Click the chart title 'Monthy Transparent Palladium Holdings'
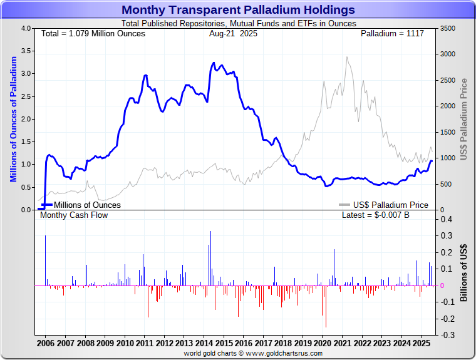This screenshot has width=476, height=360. [238, 10]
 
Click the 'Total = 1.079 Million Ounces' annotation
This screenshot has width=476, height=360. [93, 33]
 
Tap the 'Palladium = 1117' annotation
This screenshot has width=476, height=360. [393, 33]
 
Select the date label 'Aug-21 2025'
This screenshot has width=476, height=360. [233, 33]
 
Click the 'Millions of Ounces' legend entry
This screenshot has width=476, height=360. [87, 205]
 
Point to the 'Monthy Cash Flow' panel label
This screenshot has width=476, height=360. [74, 215]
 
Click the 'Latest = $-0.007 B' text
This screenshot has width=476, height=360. [376, 215]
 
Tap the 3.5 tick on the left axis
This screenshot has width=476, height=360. [27, 51]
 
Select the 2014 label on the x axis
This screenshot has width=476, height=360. [204, 344]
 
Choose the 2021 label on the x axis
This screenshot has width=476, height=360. [343, 344]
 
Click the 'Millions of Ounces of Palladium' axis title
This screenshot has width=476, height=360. [13, 119]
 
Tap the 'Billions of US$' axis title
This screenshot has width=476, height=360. [463, 272]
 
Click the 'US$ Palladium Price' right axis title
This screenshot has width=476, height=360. [464, 119]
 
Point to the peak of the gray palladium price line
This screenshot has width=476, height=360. [346, 58]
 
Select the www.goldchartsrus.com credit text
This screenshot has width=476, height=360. [252, 354]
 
